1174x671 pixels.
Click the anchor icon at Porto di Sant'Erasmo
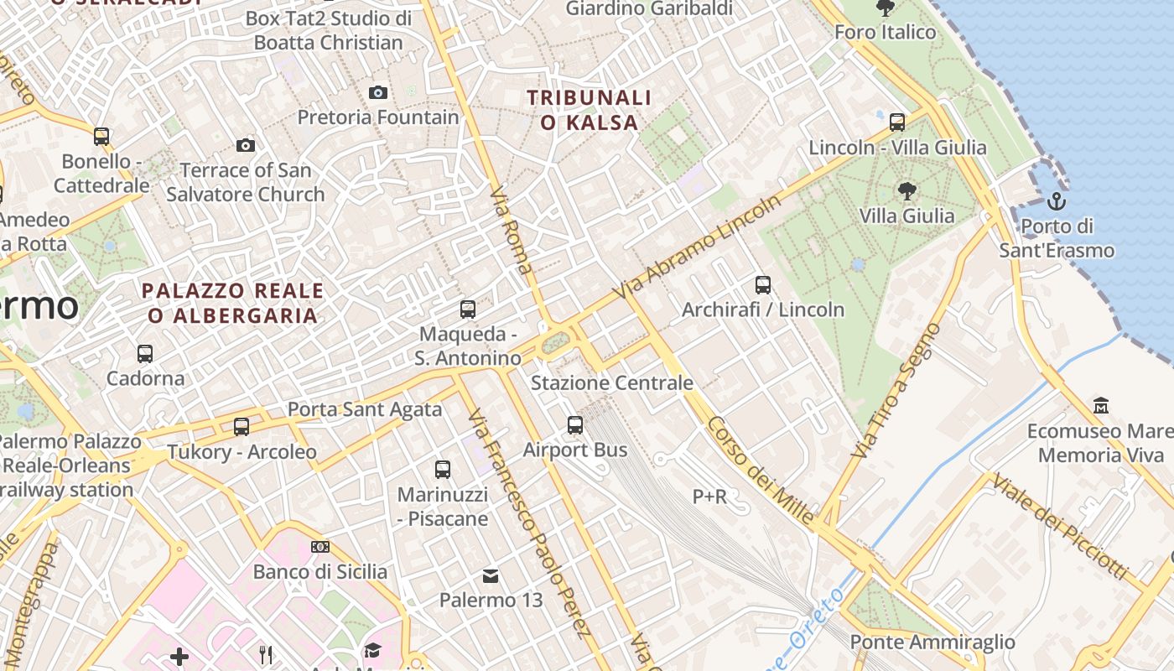(1056, 201)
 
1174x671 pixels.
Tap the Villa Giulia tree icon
(906, 190)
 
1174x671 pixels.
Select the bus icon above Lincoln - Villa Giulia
(897, 122)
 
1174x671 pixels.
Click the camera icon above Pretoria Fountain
(378, 92)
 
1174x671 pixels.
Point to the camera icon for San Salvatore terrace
(245, 145)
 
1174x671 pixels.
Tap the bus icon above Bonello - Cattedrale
(101, 136)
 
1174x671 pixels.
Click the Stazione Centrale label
(612, 383)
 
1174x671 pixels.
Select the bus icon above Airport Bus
(575, 425)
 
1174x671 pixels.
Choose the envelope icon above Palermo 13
(491, 575)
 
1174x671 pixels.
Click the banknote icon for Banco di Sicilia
(319, 547)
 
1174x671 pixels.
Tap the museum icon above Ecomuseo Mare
(1101, 406)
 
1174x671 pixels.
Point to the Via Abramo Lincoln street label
(697, 247)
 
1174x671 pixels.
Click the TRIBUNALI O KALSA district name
(589, 110)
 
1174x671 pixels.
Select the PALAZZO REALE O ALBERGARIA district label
(232, 303)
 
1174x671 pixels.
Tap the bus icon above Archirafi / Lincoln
(762, 285)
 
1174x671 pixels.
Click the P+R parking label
(709, 497)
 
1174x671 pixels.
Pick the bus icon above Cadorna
(145, 354)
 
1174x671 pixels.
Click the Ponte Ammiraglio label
(932, 642)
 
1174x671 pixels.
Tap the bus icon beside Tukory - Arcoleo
(242, 427)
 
